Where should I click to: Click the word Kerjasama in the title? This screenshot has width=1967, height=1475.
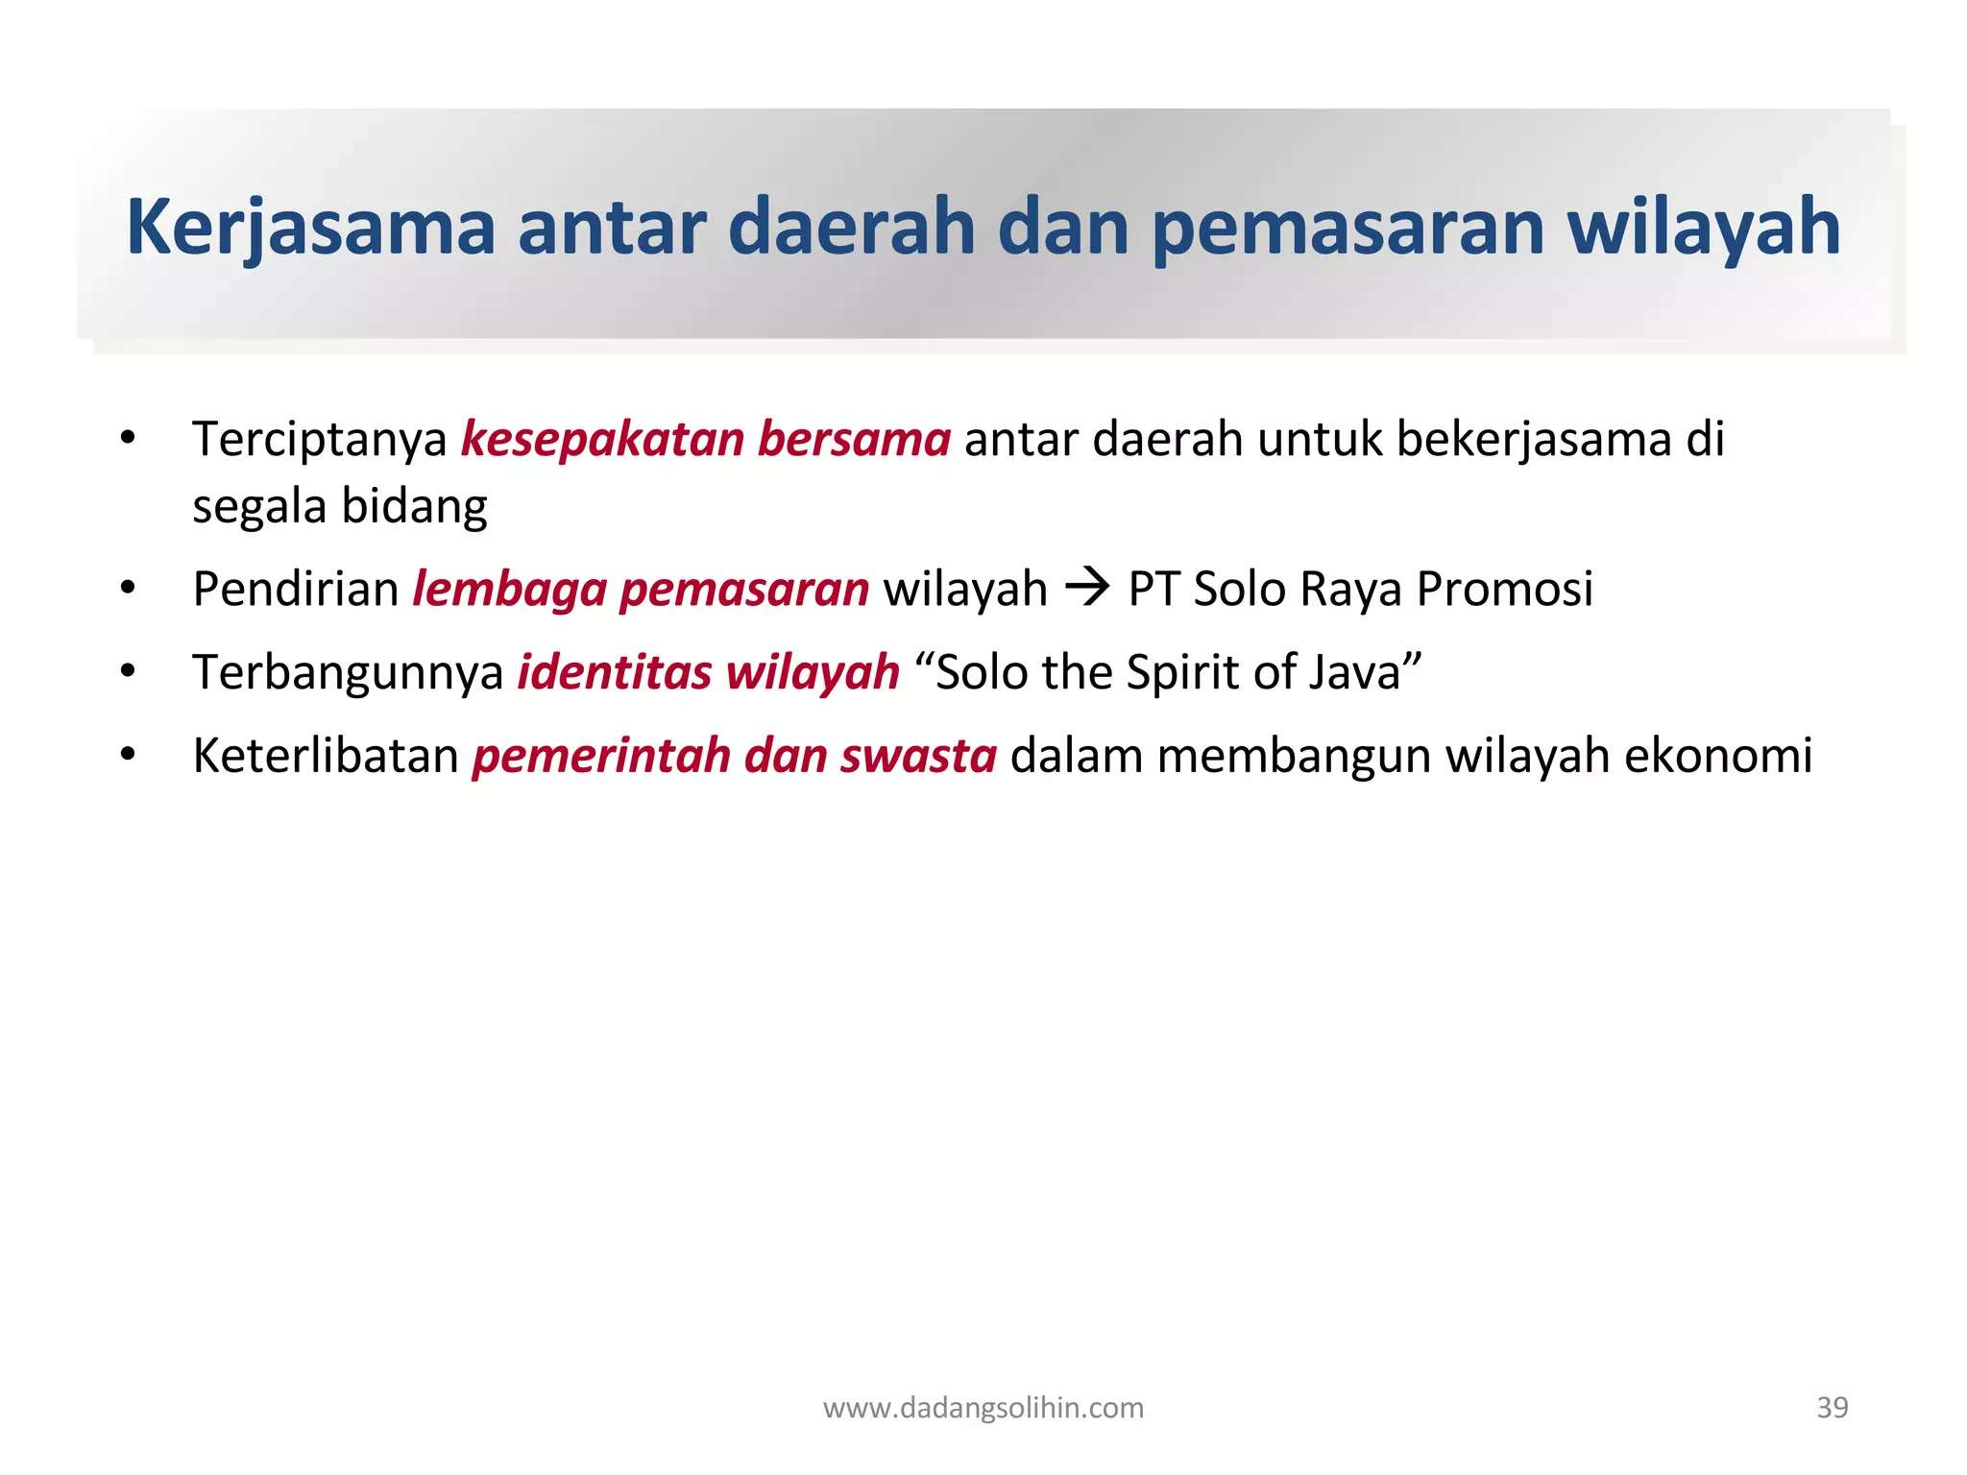310,227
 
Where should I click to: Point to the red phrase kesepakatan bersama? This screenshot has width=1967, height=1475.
706,439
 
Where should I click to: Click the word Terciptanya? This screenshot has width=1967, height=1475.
320,439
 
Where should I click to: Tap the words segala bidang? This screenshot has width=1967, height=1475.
340,506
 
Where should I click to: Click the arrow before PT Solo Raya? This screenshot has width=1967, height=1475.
1087,587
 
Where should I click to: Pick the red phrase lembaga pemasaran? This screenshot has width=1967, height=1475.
641,589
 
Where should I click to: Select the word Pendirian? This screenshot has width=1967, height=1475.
296,589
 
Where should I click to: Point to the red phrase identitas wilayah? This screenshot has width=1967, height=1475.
709,672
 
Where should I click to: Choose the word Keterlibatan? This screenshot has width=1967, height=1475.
326,755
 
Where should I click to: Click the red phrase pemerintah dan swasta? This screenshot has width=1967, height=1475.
735,755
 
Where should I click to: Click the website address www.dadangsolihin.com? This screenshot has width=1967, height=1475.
983,1408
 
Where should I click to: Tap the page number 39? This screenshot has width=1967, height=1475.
1832,1408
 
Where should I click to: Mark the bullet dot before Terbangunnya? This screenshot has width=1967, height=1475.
128,671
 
